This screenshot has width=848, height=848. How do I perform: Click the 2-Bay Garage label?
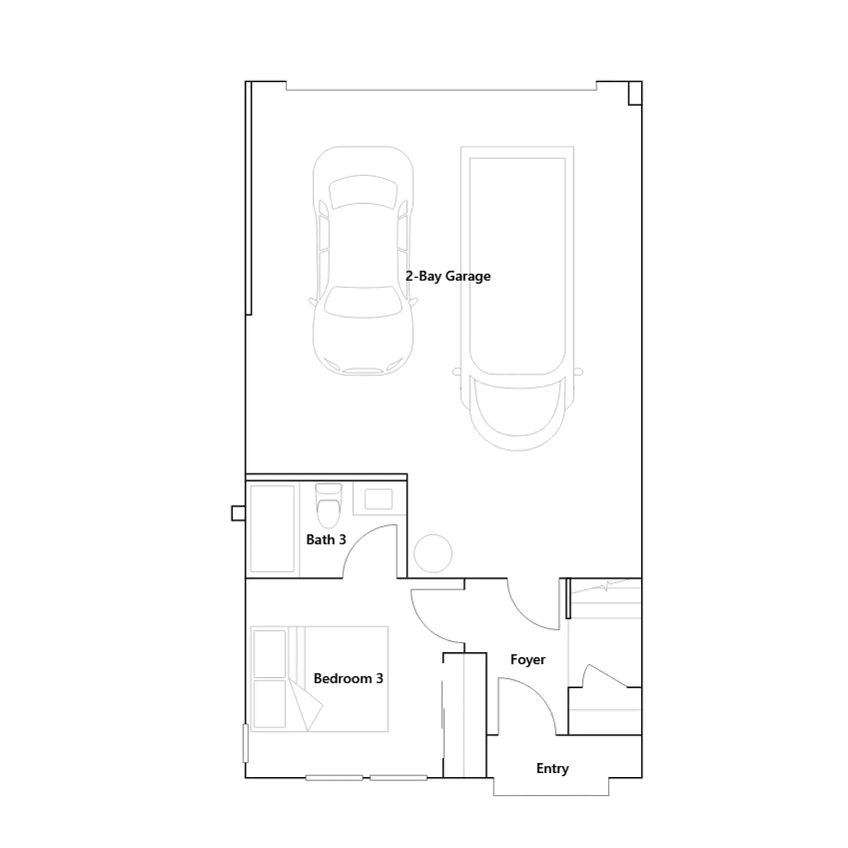pos(448,276)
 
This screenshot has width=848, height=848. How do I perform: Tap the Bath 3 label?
pos(326,540)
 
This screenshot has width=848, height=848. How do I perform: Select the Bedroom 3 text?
pos(348,678)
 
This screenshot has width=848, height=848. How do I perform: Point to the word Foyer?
pos(528,660)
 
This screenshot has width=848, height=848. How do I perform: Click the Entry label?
pos(552,768)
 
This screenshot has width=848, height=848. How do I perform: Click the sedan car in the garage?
pos(363,261)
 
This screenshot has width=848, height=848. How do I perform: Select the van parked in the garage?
pos(517,298)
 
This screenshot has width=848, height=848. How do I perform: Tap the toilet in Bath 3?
pos(329,505)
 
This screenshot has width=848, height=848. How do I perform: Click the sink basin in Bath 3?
pos(378,499)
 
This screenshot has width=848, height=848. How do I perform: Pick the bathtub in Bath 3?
pos(272,529)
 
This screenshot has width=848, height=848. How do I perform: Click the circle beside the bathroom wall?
pos(433,554)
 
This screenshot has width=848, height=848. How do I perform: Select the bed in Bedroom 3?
pos(319,679)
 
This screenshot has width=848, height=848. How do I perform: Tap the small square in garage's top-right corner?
pos(635,93)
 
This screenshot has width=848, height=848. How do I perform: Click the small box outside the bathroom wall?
pos(238,513)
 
